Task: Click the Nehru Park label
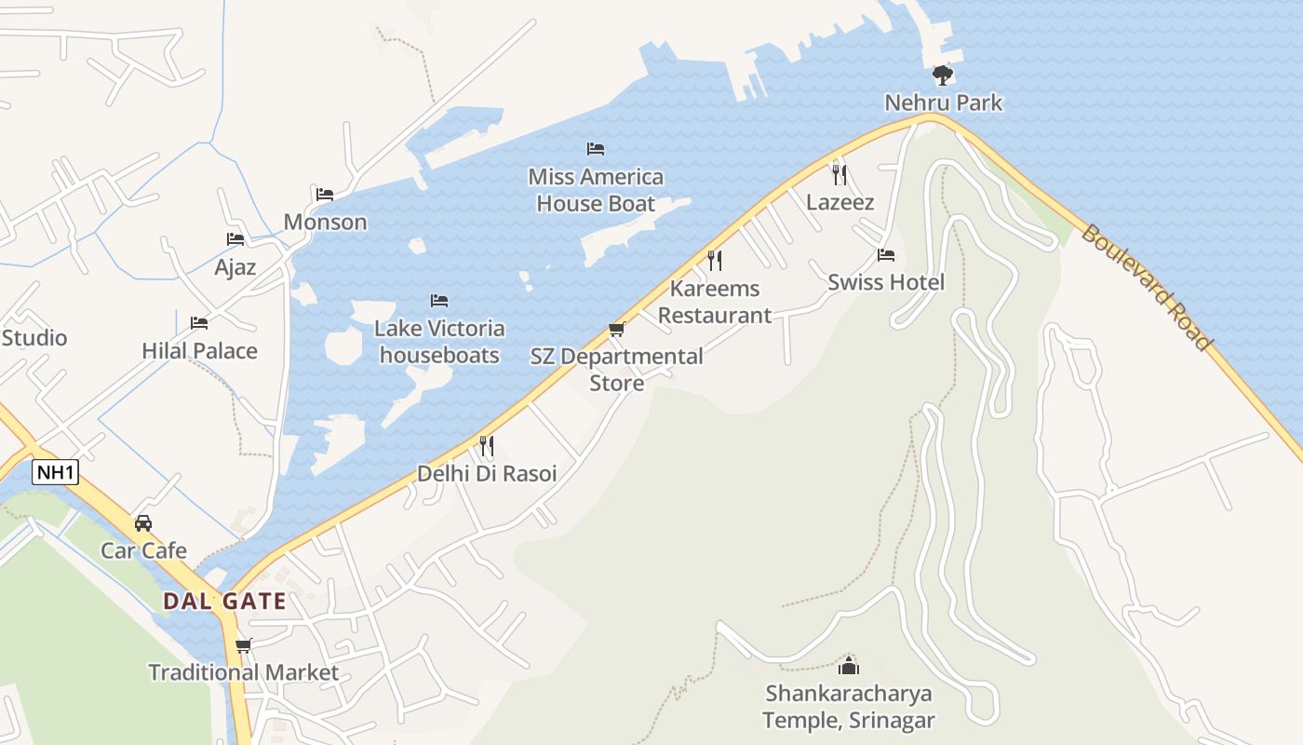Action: [x=943, y=102]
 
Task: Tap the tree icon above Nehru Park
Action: [x=943, y=75]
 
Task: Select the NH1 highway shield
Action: [x=55, y=472]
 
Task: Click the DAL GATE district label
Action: [x=224, y=601]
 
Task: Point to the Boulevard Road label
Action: [x=1148, y=287]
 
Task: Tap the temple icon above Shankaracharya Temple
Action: [x=849, y=666]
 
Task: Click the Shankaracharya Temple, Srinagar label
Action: [x=849, y=707]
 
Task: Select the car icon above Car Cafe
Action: [x=143, y=523]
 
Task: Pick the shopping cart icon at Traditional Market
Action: [x=244, y=645]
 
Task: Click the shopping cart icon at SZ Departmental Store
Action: [x=616, y=330]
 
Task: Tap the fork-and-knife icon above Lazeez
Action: [x=840, y=174]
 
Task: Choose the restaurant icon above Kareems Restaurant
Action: [x=715, y=260]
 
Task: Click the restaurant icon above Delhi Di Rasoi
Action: [x=486, y=446]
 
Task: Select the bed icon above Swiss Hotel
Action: [x=886, y=255]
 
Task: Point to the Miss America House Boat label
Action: [x=596, y=190]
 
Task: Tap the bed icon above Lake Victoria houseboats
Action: [x=439, y=301]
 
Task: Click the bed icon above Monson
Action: [x=325, y=195]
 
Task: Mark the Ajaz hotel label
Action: [x=235, y=267]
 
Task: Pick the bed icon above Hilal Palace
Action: [x=199, y=323]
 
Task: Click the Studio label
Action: [x=34, y=337]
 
